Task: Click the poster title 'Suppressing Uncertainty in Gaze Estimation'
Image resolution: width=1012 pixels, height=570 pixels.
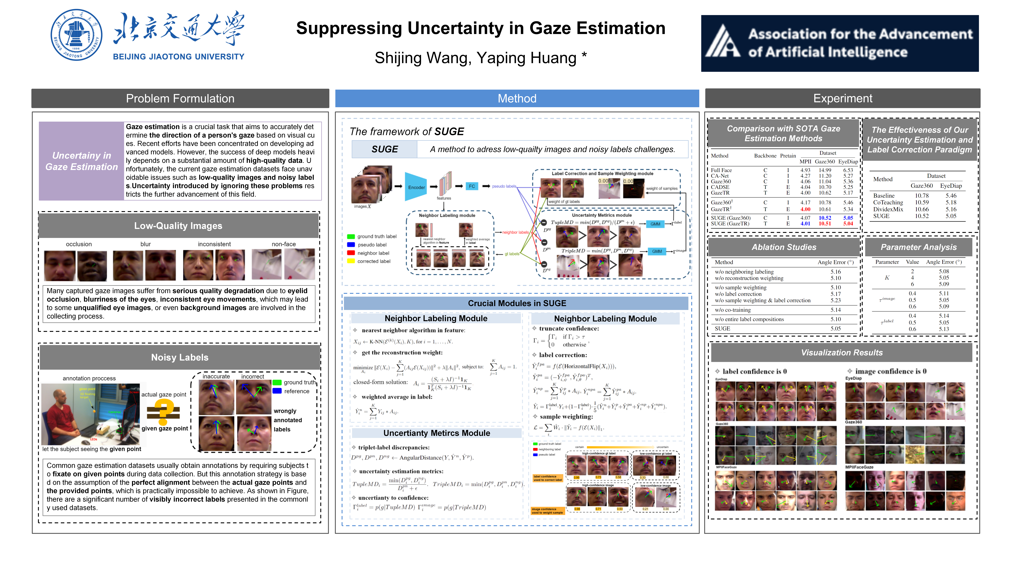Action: coord(480,28)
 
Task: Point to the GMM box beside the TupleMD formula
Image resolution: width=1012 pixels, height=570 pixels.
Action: coord(655,224)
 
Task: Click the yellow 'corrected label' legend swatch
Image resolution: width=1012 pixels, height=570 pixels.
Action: coord(351,261)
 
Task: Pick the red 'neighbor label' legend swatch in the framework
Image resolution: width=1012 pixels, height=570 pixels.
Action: coord(351,253)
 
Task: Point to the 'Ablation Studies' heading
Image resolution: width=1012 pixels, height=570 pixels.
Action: coord(784,247)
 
